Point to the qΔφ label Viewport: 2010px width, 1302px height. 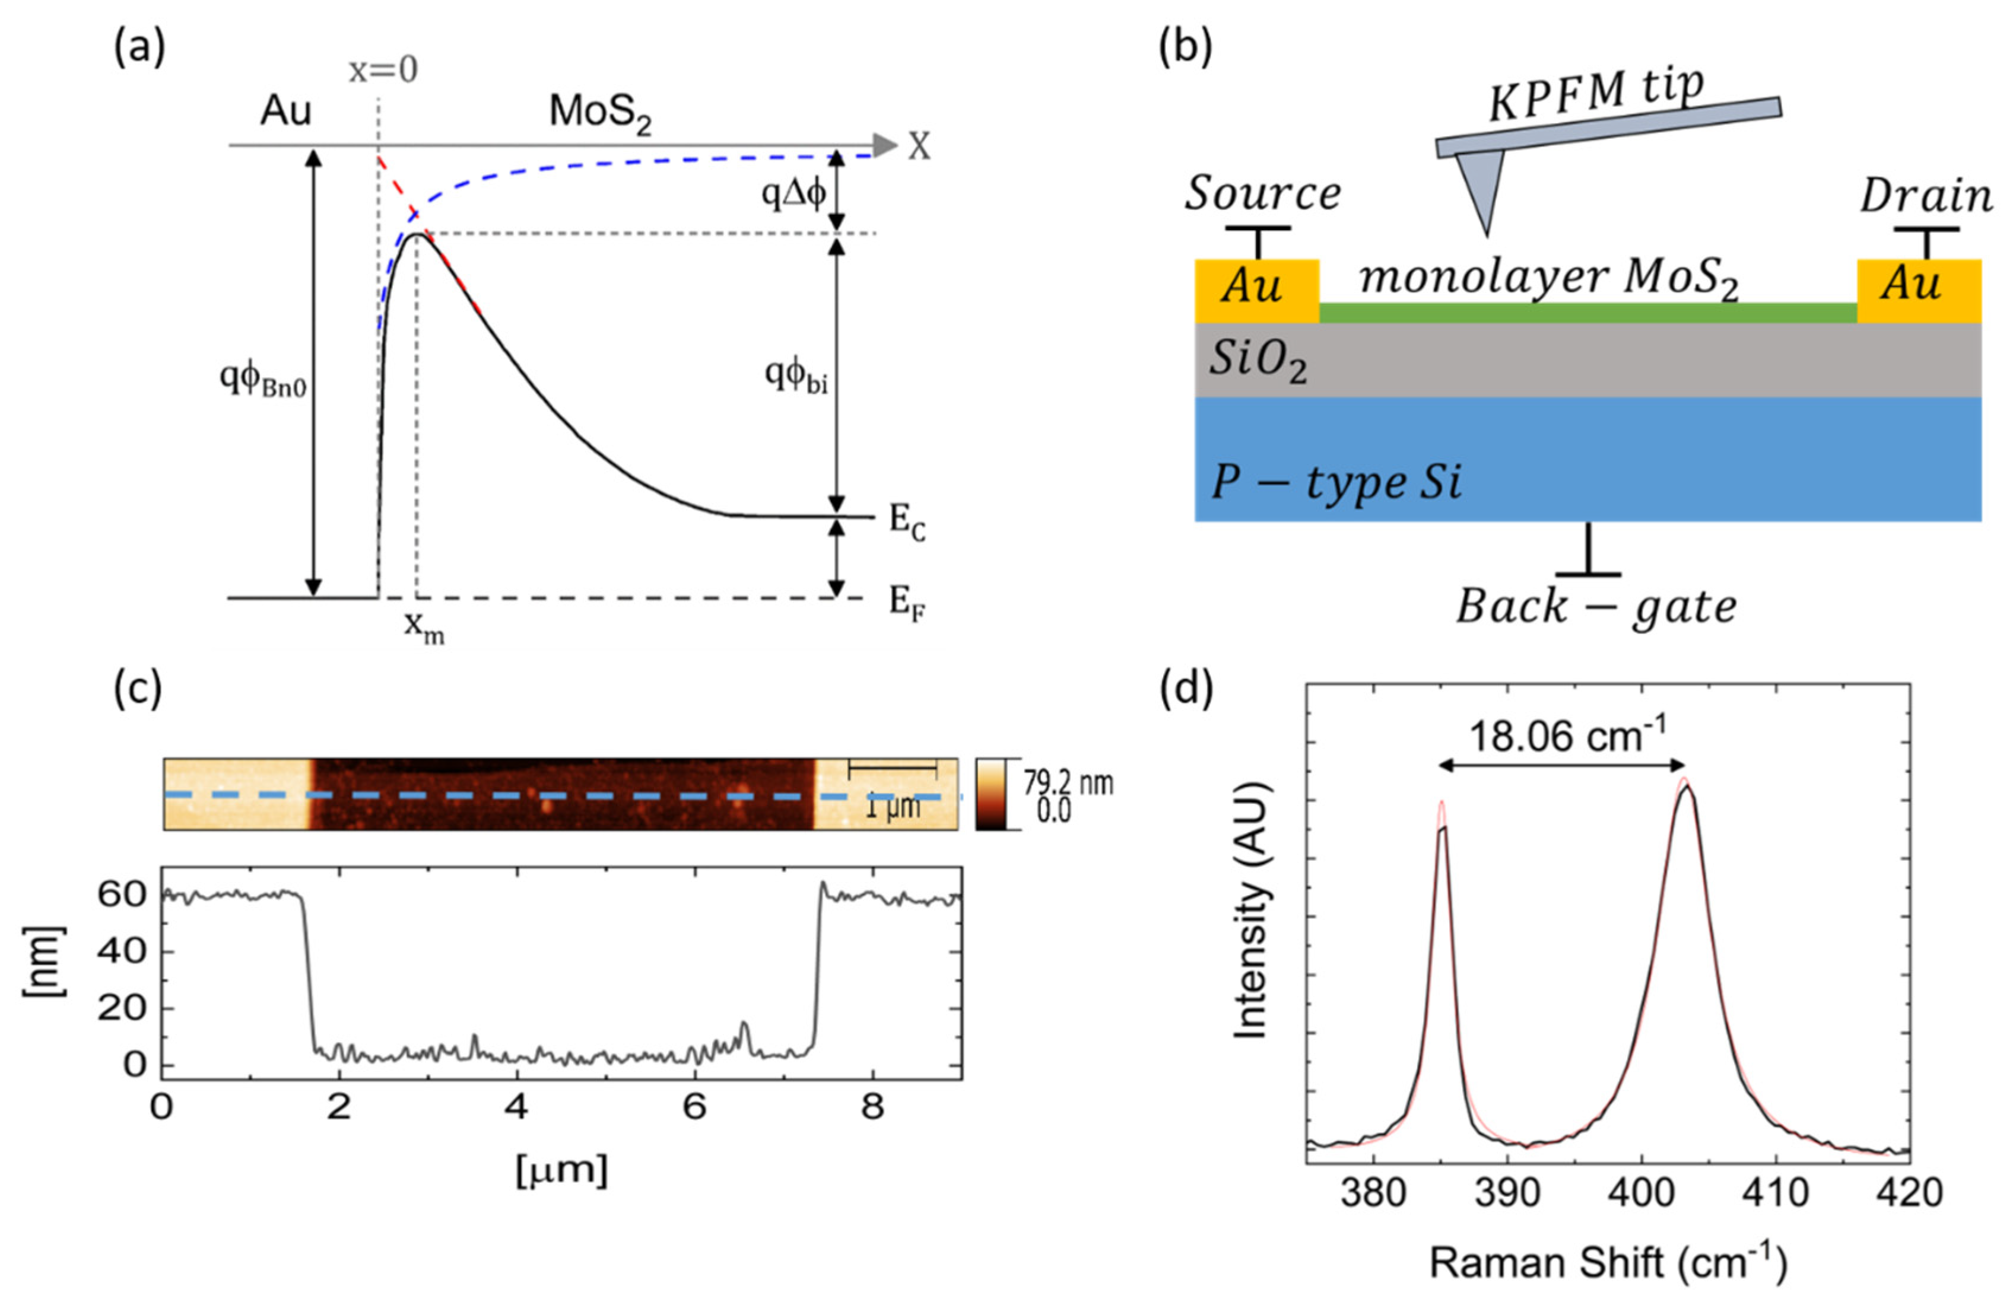point(793,193)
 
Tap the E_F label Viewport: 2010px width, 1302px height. point(906,604)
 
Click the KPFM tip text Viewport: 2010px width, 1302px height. point(1595,94)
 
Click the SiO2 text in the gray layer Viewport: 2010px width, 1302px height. point(1258,361)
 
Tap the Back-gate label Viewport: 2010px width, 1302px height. point(1595,606)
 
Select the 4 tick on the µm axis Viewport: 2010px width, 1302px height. point(517,1106)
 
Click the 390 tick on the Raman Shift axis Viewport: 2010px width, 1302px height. point(1507,1192)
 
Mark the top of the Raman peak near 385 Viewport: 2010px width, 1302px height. point(1441,804)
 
